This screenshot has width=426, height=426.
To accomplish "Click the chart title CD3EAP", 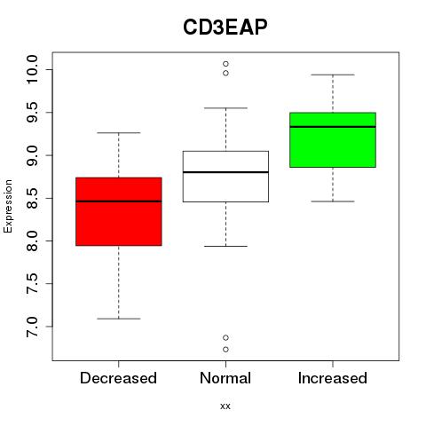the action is pos(225,28).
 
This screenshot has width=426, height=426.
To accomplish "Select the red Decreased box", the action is pos(119,211).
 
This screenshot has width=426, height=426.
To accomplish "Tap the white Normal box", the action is pos(225,177).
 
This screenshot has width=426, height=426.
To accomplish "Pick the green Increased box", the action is pos(333,140).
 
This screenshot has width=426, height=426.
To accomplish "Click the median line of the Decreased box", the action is pos(119,201).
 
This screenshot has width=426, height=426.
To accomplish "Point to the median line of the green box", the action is pos(333,127).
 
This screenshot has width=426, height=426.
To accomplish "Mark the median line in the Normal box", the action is pos(225,172).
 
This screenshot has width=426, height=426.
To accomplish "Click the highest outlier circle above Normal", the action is pos(225,64).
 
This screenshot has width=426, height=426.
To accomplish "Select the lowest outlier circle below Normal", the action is pos(225,350).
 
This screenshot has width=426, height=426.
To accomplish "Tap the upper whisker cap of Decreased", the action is pos(119,133).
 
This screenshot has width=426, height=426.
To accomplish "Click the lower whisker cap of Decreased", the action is pos(119,319).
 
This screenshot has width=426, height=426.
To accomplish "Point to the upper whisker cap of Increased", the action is pos(333,75).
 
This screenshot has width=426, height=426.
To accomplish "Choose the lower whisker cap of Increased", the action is pos(333,201).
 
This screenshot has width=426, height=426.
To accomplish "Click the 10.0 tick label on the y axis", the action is pos(32,69).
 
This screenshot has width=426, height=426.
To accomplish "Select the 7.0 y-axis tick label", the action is pos(32,327).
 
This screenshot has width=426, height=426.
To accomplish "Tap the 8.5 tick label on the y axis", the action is pos(32,198).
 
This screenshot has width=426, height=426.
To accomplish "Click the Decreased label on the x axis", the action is pos(118,378).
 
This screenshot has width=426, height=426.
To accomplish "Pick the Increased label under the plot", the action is pos(333,378).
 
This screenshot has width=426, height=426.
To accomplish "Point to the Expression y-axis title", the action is pos(8,206).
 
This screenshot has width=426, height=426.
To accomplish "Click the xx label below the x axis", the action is pos(225,406).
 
